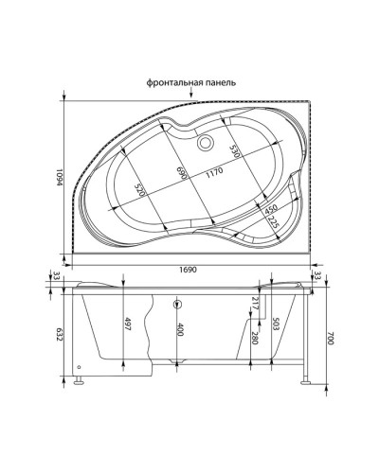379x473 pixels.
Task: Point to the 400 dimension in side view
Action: coord(178,329)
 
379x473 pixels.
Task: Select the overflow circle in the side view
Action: coord(176,305)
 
